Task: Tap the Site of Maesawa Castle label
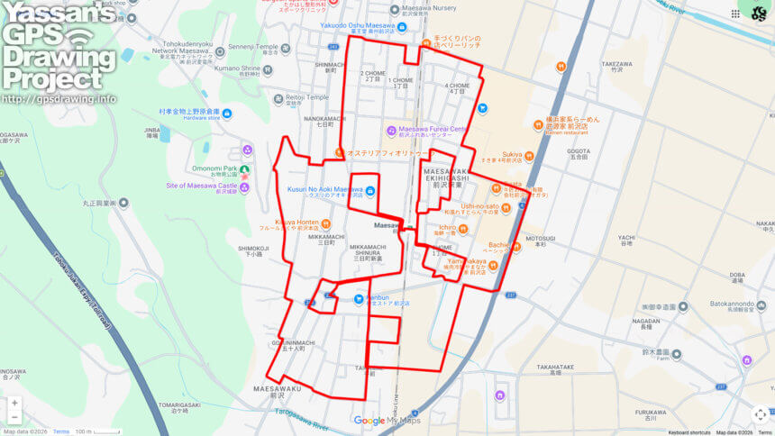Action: tap(200, 186)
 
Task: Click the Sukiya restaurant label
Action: tap(512, 154)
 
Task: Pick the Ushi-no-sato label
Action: tap(479, 206)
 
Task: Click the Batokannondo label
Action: tap(718, 304)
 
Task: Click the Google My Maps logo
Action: tap(387, 420)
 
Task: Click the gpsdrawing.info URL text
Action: tap(59, 99)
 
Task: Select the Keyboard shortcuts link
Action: tap(688, 432)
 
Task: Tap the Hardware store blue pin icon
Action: tap(226, 114)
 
